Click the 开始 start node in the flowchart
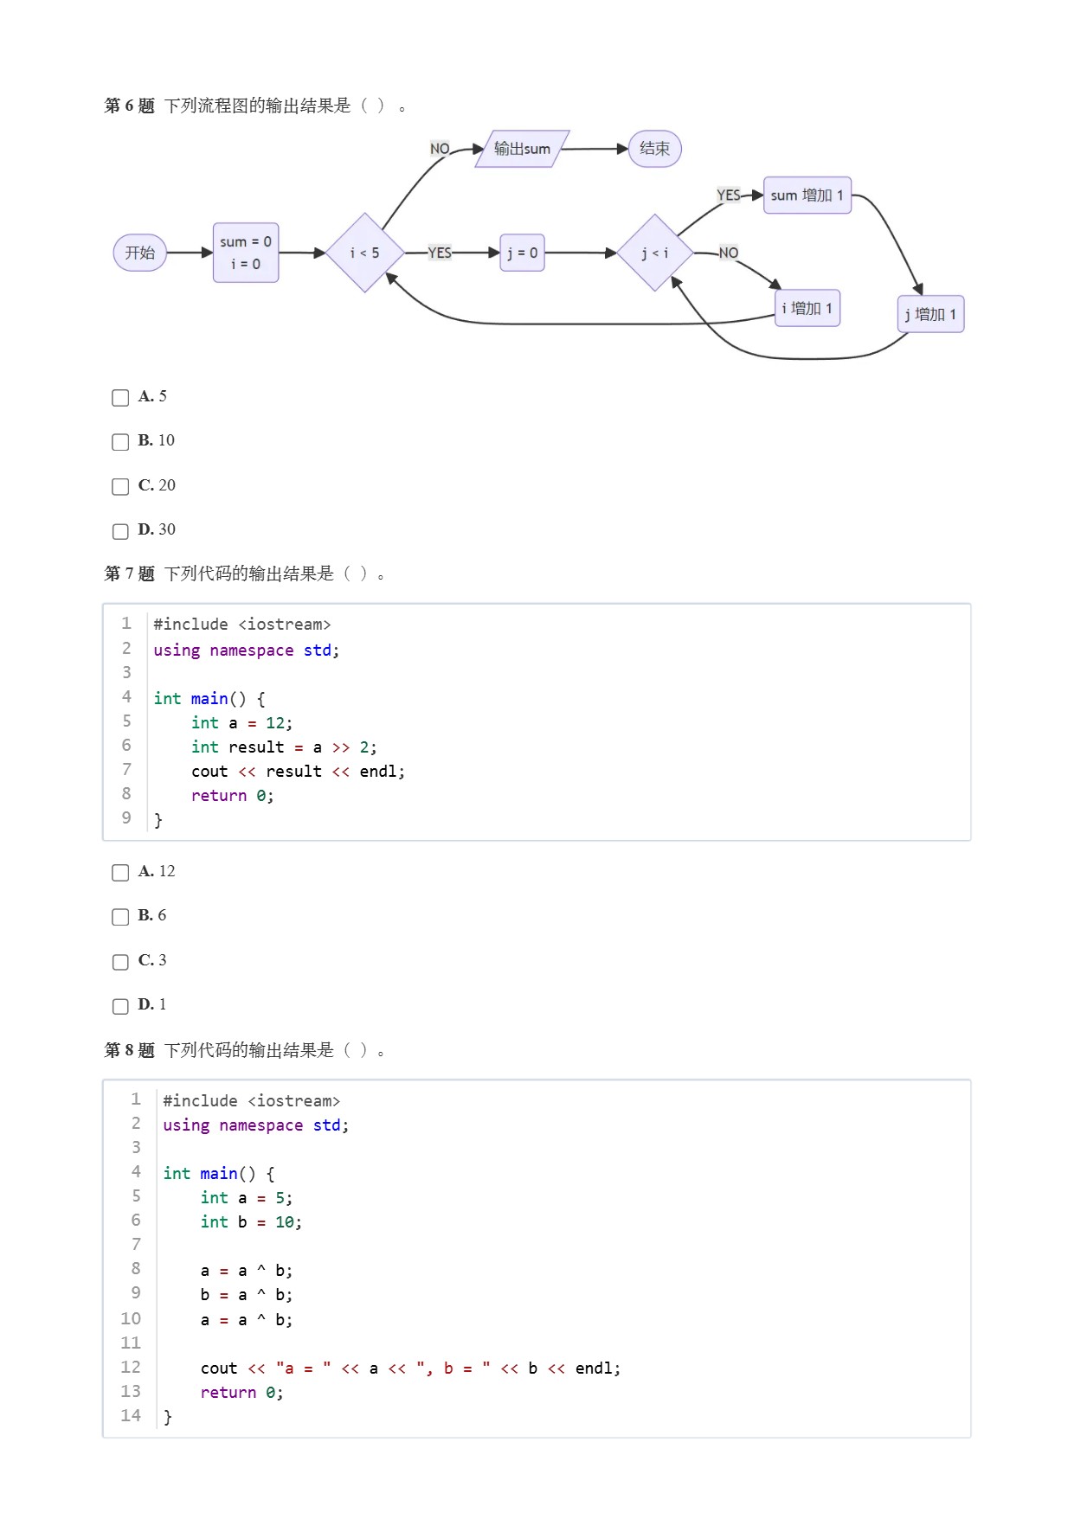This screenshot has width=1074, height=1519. click(x=139, y=253)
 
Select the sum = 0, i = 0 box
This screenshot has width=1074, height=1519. click(x=246, y=253)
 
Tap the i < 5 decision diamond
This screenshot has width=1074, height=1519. click(x=364, y=253)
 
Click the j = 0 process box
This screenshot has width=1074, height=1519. click(x=522, y=253)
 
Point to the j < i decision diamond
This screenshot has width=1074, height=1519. click(x=654, y=253)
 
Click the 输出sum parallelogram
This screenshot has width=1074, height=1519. click(x=522, y=149)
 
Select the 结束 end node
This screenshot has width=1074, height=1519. click(x=654, y=149)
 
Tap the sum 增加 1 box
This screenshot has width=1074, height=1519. click(x=807, y=195)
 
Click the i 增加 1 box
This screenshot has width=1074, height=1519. click(x=807, y=308)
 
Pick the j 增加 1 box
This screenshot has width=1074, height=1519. click(x=930, y=314)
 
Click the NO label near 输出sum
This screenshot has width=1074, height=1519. click(x=440, y=149)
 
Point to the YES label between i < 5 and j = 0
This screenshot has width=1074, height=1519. click(x=440, y=253)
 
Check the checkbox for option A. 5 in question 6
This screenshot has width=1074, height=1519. click(x=120, y=398)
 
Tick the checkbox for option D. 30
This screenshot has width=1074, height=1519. click(x=120, y=531)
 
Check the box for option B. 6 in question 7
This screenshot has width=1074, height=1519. click(x=120, y=917)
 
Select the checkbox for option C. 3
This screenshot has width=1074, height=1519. click(x=120, y=962)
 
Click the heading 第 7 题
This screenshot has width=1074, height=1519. click(x=129, y=574)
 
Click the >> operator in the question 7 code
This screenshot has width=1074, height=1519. click(x=341, y=747)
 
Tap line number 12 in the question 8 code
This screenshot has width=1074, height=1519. click(x=131, y=1367)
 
